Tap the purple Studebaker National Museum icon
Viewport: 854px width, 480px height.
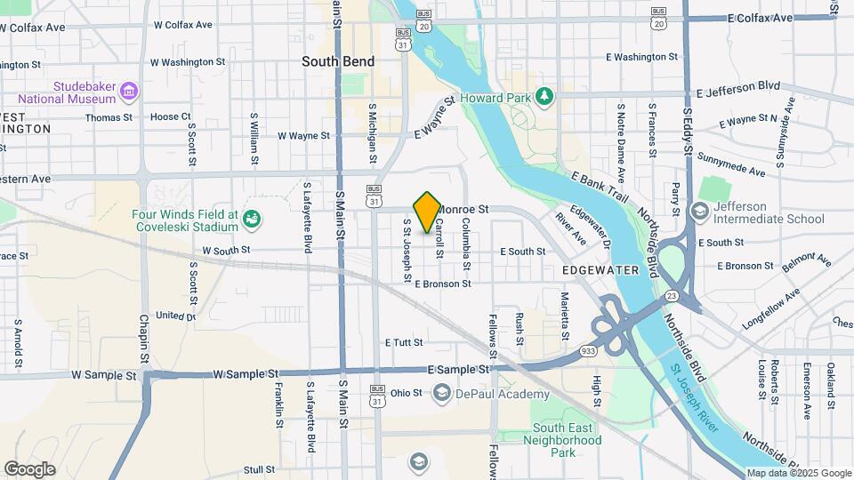pos(130,91)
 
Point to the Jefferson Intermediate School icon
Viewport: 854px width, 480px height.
pos(701,210)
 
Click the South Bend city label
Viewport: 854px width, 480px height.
pos(338,61)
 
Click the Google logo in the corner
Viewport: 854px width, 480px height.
pos(29,469)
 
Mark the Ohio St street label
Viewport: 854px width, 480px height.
pos(406,393)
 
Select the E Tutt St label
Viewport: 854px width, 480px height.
pos(405,342)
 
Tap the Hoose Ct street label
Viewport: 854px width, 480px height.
pos(171,116)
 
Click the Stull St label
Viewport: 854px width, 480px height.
pos(259,469)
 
